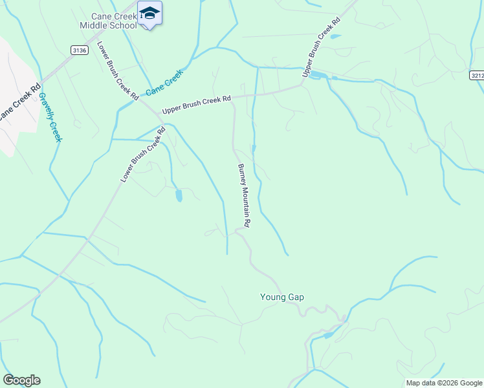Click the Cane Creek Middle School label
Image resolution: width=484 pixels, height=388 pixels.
coord(108,20)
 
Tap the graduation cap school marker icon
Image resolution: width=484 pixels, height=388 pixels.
coord(149,14)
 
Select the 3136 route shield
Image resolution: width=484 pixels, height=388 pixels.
coord(79,50)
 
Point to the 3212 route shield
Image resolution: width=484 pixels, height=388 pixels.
coord(478,75)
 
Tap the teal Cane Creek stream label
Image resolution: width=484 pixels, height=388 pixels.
coord(164,83)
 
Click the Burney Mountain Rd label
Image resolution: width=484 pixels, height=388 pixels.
coord(243,195)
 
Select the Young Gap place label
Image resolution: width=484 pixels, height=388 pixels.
coord(282,297)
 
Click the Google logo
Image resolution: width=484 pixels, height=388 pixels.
coord(21,380)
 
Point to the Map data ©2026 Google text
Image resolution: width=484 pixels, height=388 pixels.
coord(444,383)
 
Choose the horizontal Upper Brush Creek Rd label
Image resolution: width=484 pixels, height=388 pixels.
coord(196,104)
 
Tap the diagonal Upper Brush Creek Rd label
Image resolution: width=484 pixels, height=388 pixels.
coord(321,48)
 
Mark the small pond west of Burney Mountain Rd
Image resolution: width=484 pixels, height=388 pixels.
coord(179,195)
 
